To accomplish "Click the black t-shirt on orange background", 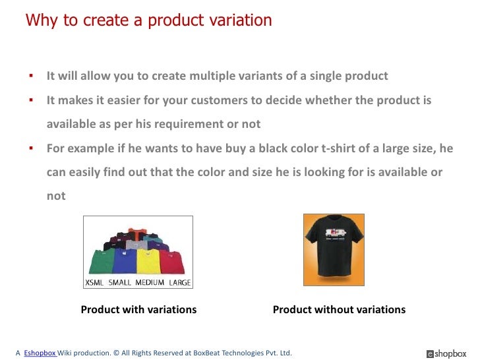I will tap(334, 249).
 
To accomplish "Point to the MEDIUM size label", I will tap(150, 283).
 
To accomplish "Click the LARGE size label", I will tap(179, 283).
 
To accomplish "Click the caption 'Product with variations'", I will tap(138, 309).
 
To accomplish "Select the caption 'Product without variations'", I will tap(339, 309).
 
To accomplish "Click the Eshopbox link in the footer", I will tap(40, 353).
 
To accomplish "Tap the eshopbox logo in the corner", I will tap(446, 353).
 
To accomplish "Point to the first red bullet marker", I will tap(30, 76).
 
